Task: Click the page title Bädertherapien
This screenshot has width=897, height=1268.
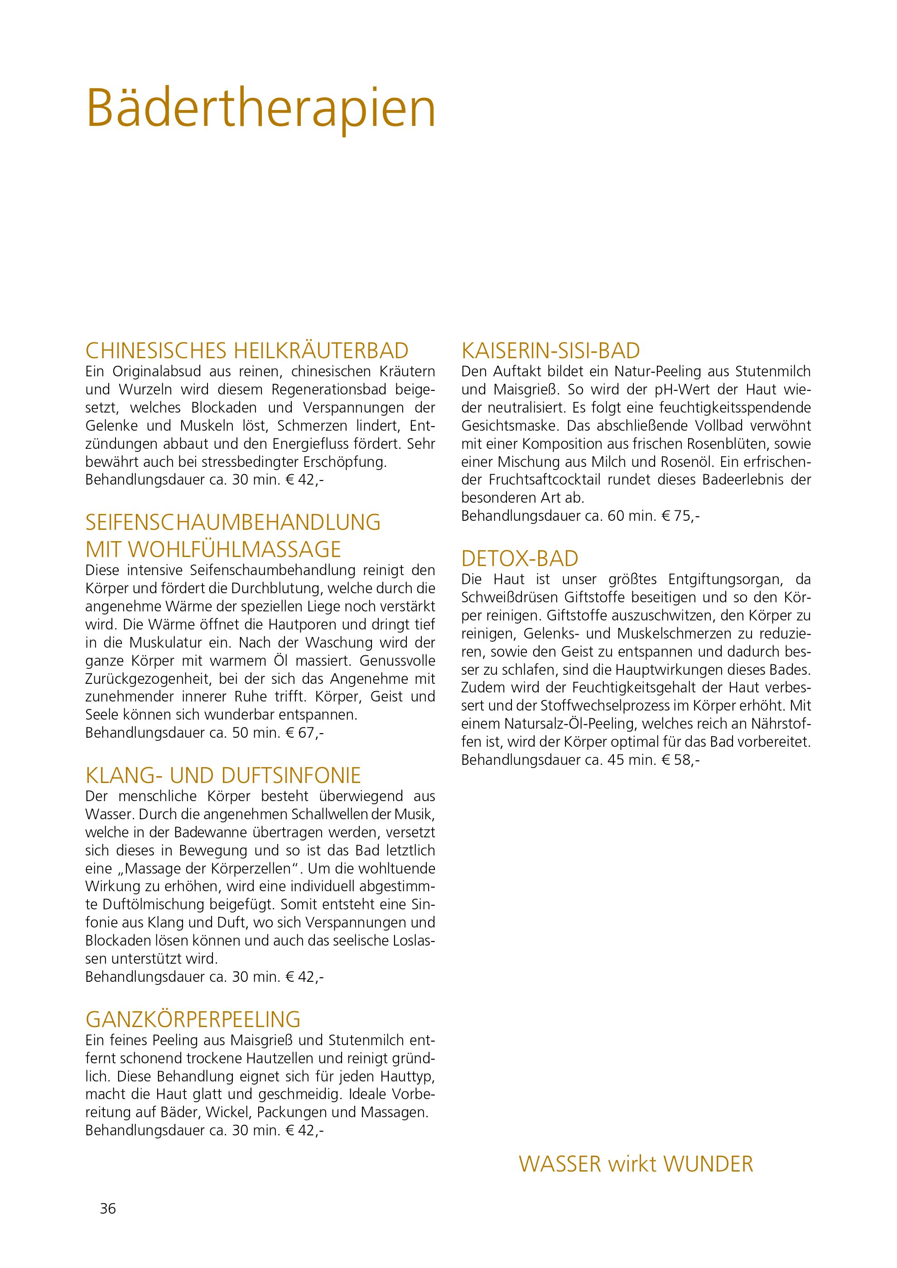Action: pos(260,109)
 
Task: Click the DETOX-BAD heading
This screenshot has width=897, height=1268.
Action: pos(519,559)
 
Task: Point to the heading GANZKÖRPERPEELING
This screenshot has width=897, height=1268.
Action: pos(193,1018)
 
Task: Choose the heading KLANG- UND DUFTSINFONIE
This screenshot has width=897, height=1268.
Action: pos(223,775)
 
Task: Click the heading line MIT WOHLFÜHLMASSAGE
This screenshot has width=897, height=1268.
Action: pos(213,549)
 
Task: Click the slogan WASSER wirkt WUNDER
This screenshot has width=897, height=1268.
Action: pos(636,1164)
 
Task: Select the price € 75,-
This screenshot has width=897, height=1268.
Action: pos(680,516)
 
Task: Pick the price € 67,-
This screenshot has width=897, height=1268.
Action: pos(304,733)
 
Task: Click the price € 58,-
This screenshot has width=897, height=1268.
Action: pos(680,760)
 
